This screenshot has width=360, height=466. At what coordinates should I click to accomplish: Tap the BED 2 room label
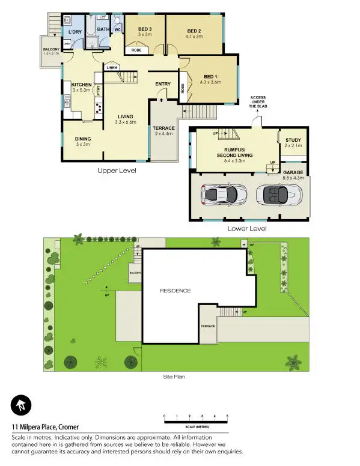(x=194, y=31)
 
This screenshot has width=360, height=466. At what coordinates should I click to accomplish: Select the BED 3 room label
(x=145, y=29)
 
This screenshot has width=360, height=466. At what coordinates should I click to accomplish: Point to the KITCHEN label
(x=81, y=85)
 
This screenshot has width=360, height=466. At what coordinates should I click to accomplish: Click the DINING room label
(x=83, y=139)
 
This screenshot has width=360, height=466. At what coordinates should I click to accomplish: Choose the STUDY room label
(x=293, y=141)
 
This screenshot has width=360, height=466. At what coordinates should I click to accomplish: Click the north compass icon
(x=20, y=405)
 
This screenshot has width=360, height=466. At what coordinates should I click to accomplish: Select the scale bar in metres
(x=196, y=420)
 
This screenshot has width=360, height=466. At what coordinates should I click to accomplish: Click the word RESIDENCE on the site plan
(x=175, y=291)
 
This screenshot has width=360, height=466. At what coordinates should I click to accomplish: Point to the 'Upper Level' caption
(x=117, y=171)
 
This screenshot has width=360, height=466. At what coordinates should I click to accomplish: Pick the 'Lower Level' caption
(x=246, y=228)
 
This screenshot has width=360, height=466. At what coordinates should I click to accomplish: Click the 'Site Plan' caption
(x=174, y=377)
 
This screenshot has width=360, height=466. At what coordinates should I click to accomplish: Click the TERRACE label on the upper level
(x=163, y=128)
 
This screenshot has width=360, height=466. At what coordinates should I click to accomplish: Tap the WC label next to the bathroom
(x=118, y=28)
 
